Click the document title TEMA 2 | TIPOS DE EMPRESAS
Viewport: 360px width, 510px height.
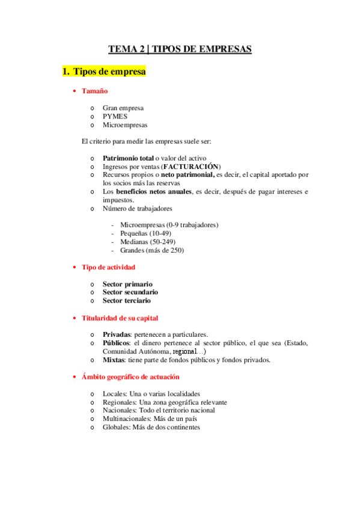[180, 49]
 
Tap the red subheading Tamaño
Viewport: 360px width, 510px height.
[95, 91]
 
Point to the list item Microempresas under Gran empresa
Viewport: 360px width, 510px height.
[124, 125]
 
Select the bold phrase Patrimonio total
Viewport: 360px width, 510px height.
[128, 158]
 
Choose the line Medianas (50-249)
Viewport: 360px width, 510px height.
[144, 242]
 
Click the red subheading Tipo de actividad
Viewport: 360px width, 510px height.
[108, 266]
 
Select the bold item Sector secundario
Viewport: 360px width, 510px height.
[130, 292]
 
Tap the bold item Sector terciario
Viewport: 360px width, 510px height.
[127, 300]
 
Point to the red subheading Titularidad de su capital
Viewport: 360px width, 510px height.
[120, 318]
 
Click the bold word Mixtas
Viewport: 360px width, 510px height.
[114, 360]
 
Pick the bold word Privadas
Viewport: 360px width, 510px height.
[117, 334]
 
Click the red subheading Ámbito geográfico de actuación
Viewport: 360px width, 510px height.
[130, 377]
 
